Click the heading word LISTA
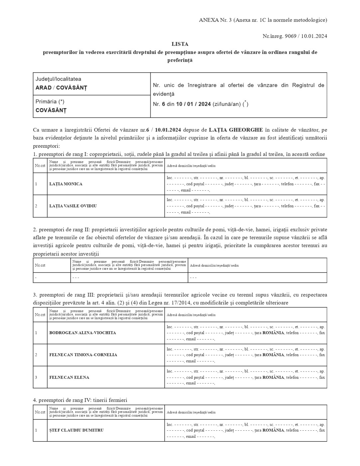pyautogui.click(x=180, y=44)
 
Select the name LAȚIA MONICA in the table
pyautogui.click(x=66, y=184)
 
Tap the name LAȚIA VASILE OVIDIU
pyautogui.click(x=73, y=206)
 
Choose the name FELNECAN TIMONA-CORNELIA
pyautogui.click(x=83, y=355)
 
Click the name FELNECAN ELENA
pyautogui.click(x=69, y=377)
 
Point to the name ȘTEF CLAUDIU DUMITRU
pyautogui.click(x=76, y=430)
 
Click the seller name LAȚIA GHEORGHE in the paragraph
pyautogui.click(x=236, y=129)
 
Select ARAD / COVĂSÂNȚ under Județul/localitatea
pyautogui.click(x=61, y=88)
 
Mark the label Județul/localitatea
pyautogui.click(x=58, y=79)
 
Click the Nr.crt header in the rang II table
pyautogui.click(x=40, y=265)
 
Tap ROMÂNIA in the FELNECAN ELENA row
pyautogui.click(x=273, y=377)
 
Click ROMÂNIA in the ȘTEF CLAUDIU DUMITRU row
pyautogui.click(x=273, y=430)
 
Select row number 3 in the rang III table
pyautogui.click(x=36, y=377)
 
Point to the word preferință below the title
pyautogui.click(x=180, y=61)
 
